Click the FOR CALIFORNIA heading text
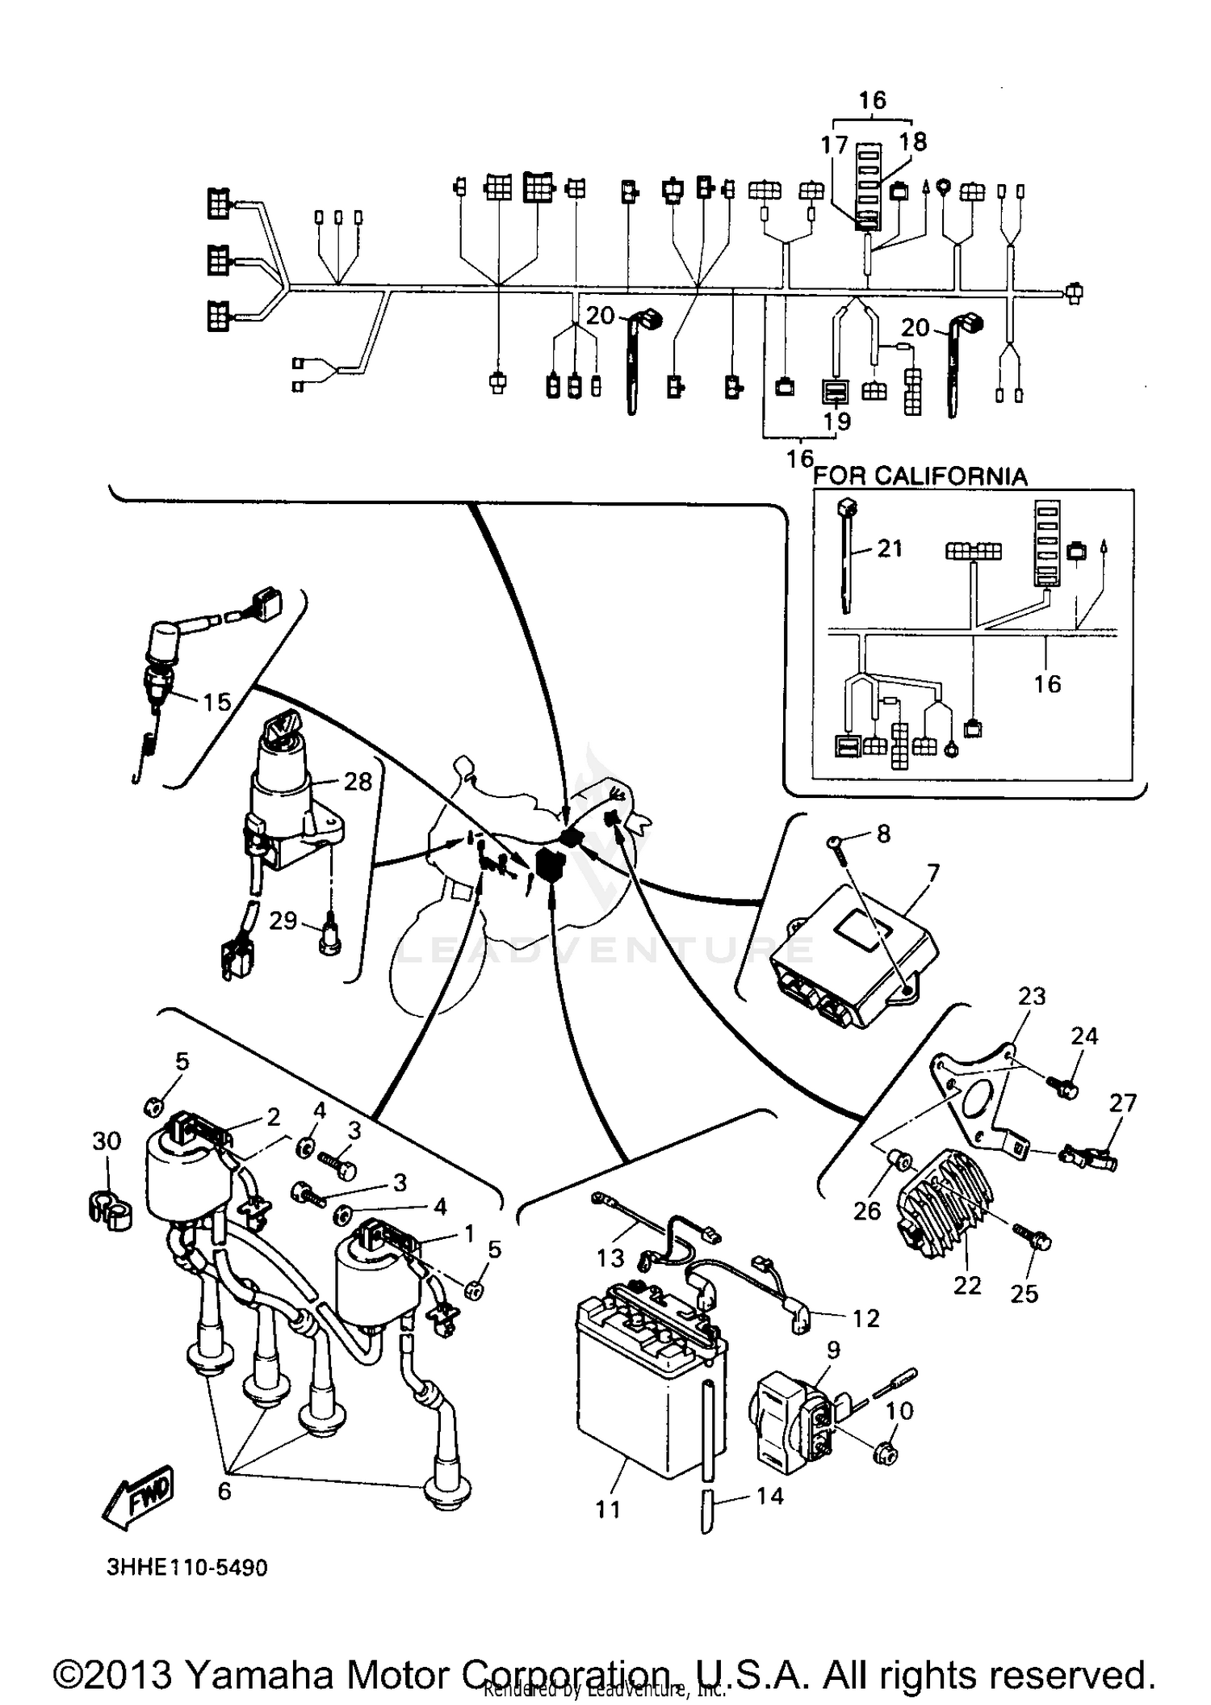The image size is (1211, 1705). [920, 476]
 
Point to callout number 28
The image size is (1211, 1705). [358, 781]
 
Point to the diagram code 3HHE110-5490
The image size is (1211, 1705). [186, 1568]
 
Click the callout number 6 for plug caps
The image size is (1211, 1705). [224, 1490]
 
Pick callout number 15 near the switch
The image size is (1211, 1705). [216, 702]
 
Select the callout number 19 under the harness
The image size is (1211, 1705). [837, 421]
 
